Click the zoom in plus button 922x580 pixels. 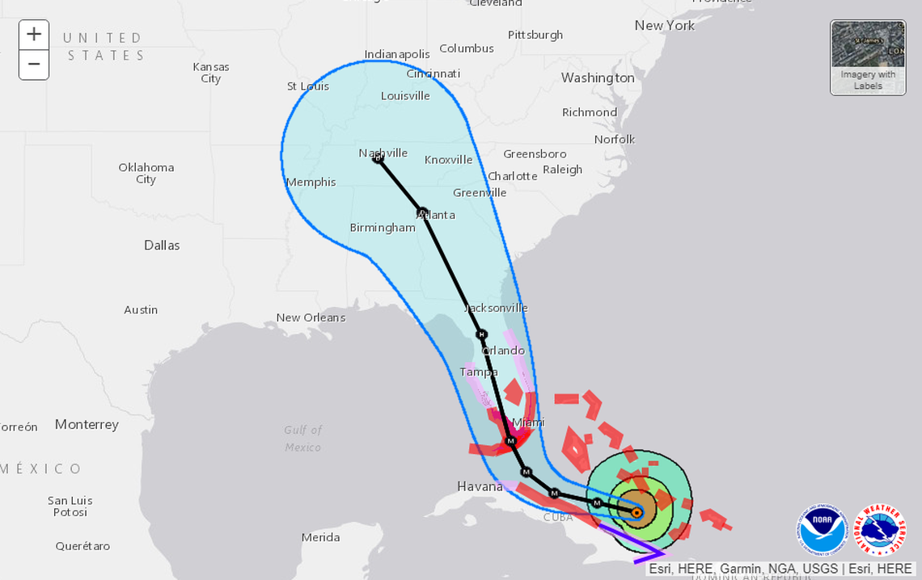point(34,35)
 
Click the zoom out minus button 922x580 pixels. point(34,64)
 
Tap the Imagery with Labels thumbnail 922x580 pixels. point(868,57)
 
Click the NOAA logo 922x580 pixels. point(823,530)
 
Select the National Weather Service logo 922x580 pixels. point(881,530)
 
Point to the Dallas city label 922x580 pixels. point(162,245)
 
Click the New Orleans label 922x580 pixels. point(311,317)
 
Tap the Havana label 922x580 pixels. point(480,486)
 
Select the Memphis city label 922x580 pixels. point(311,182)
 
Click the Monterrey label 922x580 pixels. point(87,424)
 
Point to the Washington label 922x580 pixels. point(598,78)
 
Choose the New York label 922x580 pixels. point(664,25)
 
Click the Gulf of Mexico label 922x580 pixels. point(303,439)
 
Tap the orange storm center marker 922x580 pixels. point(637,511)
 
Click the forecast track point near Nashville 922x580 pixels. point(378,158)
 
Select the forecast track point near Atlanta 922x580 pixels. point(421,212)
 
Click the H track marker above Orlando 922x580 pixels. point(481,334)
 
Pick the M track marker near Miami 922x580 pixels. point(510,440)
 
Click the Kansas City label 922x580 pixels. point(211,73)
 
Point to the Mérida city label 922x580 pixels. point(320,537)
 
